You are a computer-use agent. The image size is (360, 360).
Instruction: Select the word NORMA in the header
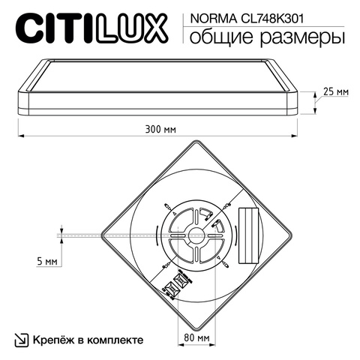tap(211, 16)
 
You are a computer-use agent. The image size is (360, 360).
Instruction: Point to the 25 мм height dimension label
tap(334, 91)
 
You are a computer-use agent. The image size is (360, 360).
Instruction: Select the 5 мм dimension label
tap(46, 262)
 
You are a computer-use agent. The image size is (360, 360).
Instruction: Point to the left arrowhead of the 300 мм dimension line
tap(20, 135)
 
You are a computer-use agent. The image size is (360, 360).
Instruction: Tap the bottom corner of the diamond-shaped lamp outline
tap(196, 325)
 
